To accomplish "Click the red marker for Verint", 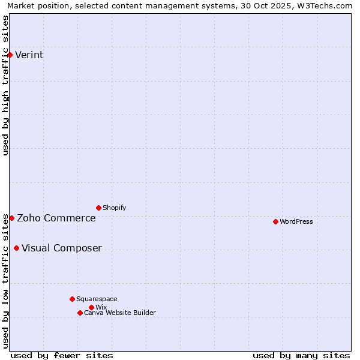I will click(10, 55).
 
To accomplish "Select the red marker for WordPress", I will click(275, 221).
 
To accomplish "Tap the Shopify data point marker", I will click(98, 208).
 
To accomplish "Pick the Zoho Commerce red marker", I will click(11, 218).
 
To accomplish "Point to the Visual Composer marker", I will click(16, 248).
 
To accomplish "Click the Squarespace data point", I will click(72, 299).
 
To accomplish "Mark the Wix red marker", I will click(91, 307).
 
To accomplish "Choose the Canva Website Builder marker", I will click(80, 313).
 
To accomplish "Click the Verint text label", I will click(29, 55).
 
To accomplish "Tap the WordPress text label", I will click(296, 221).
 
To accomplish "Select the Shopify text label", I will click(115, 208).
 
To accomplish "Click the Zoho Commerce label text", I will click(56, 218).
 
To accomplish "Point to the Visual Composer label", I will click(62, 248).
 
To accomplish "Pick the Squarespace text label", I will click(97, 299).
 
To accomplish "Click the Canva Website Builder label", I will click(120, 313).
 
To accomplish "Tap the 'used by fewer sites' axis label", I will click(62, 355).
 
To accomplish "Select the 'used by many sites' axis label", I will click(301, 355).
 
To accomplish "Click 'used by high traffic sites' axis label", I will click(5, 85).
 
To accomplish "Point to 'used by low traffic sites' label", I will click(5, 281).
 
